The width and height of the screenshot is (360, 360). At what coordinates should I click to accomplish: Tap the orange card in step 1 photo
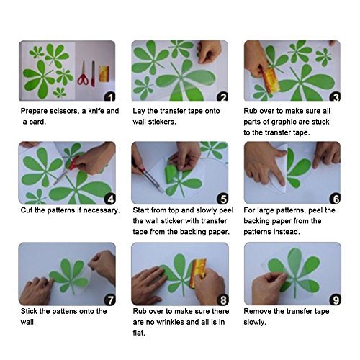click(x=104, y=73)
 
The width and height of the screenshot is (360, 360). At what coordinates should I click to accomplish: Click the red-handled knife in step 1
click(x=93, y=74)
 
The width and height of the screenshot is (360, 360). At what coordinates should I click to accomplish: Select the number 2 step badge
click(x=222, y=97)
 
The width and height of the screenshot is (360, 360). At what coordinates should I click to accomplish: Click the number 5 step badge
click(x=222, y=199)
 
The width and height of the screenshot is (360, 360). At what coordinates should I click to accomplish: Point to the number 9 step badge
click(x=336, y=300)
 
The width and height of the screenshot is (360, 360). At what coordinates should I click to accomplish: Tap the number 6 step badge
click(x=336, y=199)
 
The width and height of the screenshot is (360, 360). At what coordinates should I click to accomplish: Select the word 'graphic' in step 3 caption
click(x=284, y=122)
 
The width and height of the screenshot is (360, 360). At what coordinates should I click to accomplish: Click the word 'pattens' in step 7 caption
click(x=64, y=312)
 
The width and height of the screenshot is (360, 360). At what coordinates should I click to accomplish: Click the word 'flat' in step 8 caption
click(x=139, y=333)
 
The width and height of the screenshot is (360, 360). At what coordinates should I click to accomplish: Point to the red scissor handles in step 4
click(x=74, y=163)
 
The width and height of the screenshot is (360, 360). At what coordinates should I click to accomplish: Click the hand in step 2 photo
click(x=209, y=51)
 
